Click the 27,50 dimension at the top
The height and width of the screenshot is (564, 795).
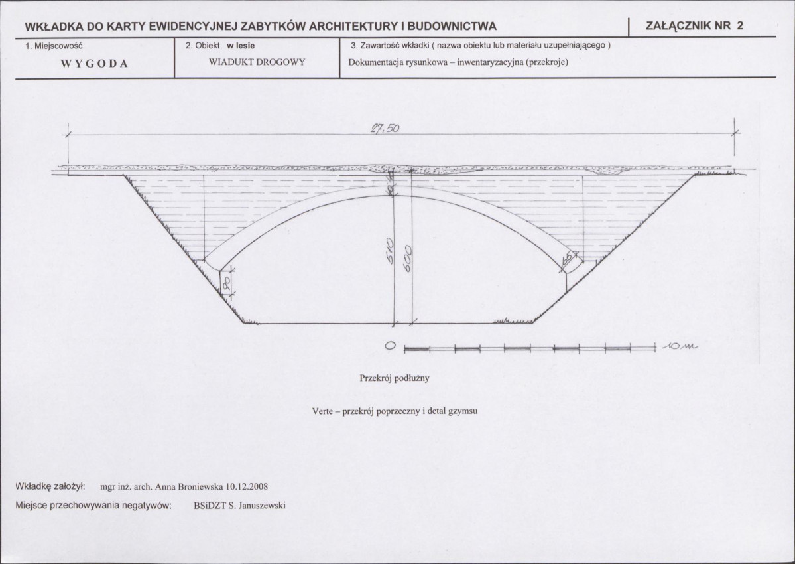click(385, 128)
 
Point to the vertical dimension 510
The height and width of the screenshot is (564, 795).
click(389, 251)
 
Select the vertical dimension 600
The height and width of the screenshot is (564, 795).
click(406, 257)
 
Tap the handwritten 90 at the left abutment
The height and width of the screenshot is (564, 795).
click(227, 283)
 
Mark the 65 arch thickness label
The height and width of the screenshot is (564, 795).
click(568, 259)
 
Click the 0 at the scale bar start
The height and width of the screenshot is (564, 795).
click(390, 346)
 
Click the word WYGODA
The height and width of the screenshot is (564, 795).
click(94, 64)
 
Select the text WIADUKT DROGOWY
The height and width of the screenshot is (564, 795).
click(257, 62)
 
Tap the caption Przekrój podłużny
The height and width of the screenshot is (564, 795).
click(395, 378)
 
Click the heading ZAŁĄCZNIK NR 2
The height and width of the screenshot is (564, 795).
click(695, 25)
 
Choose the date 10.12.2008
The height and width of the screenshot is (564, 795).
click(247, 487)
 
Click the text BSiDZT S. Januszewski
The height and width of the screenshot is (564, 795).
click(239, 506)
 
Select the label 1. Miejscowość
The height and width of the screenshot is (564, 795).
click(54, 46)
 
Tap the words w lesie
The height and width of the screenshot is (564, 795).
click(241, 46)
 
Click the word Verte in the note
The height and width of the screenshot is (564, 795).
click(322, 411)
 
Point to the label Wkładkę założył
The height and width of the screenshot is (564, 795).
click(50, 487)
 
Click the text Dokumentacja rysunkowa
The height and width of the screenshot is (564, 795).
click(395, 63)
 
